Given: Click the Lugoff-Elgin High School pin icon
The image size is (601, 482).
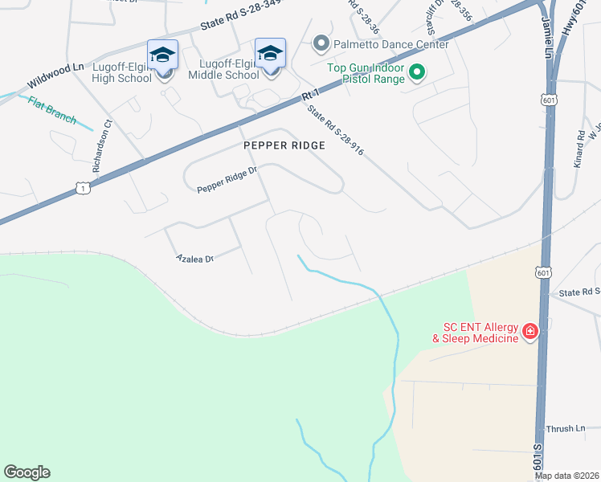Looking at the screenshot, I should point(162,55).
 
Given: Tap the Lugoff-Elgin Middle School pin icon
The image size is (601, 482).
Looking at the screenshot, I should point(270,54).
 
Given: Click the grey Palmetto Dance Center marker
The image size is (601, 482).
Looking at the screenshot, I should point(321,43).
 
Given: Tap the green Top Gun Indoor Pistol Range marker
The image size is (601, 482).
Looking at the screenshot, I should point(417,74).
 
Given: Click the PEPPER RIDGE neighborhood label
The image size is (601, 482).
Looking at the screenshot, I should point(285,145).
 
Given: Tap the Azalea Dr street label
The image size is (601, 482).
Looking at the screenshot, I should point(194,259).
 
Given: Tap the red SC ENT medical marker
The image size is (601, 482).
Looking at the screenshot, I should point(529,331).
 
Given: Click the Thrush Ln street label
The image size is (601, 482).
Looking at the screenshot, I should point(565,429).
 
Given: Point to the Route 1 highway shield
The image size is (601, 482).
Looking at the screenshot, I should point(84,188).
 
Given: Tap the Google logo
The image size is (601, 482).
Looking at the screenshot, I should point(27,472).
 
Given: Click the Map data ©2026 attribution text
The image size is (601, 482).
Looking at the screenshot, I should point(566,476).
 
